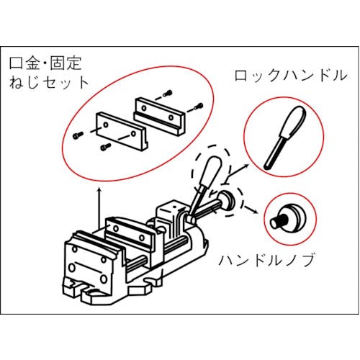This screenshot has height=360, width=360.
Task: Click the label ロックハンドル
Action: pos(290,76)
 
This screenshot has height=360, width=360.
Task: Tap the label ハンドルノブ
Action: pos(266,261)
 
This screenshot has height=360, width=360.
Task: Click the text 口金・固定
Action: pos(45,63)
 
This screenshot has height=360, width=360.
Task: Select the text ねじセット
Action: pos(49,82)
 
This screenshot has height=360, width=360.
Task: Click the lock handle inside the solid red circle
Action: pos(286,136)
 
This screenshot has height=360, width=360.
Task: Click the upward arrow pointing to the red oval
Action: pos(99,208)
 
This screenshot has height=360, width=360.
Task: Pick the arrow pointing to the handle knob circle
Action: pos(251,209)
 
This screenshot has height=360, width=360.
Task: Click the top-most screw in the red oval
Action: pos(168,94)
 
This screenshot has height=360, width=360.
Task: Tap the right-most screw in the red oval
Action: pos(199,107)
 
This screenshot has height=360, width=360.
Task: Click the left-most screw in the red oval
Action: pos(78,135)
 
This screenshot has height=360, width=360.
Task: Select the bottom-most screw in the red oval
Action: pos(106,147)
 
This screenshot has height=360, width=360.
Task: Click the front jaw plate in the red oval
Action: pos(122,132)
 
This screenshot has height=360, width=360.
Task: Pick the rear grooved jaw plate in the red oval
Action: pos(160,117)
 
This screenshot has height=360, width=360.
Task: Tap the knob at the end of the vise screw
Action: pos(227,201)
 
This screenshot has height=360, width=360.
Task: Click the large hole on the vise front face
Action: pos(72,267)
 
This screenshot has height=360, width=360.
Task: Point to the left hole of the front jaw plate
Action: pos(105,125)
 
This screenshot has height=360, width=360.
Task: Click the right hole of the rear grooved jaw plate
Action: pos(171,117)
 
